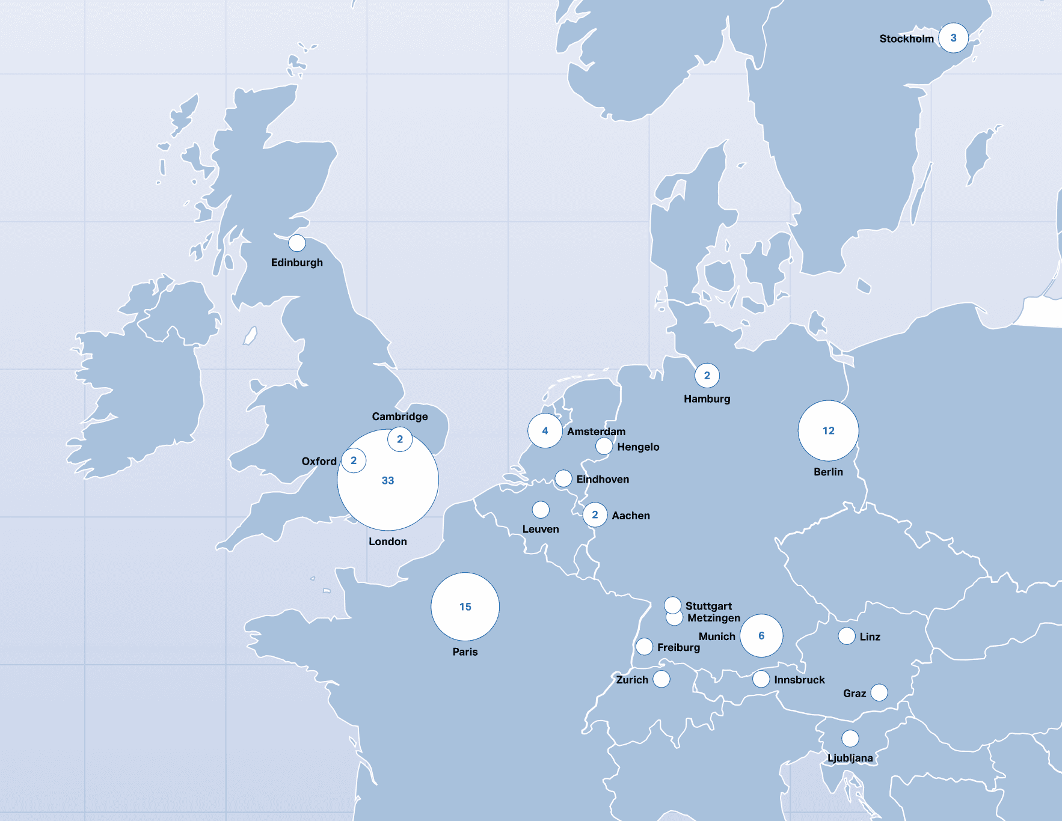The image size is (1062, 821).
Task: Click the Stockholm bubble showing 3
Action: tap(953, 38)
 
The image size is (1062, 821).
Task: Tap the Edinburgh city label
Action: tap(296, 263)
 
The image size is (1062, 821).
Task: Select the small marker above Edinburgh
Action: tap(296, 243)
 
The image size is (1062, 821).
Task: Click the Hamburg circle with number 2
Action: tap(707, 376)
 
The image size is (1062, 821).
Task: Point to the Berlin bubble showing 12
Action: tap(828, 430)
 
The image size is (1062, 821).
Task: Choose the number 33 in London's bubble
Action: tap(388, 481)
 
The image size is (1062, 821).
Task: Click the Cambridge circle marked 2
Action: tap(400, 439)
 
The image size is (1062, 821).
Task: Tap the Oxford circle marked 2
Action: tap(354, 460)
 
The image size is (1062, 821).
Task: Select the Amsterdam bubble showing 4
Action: tap(545, 431)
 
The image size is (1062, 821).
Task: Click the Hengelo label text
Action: tap(638, 447)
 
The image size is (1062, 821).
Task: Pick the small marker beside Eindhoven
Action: tap(563, 478)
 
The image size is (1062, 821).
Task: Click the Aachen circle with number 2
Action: tap(595, 515)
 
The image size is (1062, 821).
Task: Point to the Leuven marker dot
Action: tap(541, 510)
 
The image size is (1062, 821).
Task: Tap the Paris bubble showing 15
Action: tap(465, 606)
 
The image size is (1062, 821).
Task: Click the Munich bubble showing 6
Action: tap(761, 635)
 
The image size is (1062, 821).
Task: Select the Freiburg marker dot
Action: tap(644, 646)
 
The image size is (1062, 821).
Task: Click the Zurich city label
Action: tap(632, 680)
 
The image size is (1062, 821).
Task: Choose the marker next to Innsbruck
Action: tap(761, 679)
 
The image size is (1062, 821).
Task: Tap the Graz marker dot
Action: tap(879, 692)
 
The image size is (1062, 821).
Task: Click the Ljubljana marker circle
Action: tap(850, 738)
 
